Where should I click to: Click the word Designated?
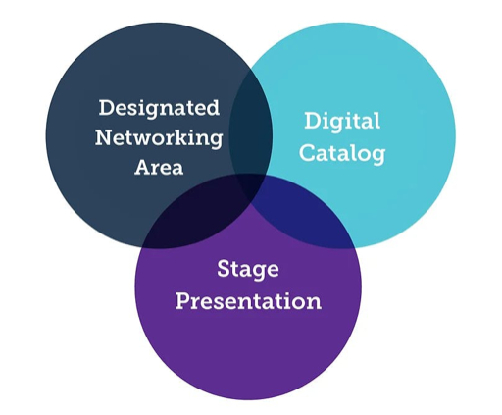pos(159,109)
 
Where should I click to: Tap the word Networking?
pos(159,139)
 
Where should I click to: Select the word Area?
pos(159,168)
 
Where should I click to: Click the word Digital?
pos(342,122)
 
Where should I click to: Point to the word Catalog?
pos(342,153)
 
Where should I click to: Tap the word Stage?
pos(248,270)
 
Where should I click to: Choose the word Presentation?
pos(248,301)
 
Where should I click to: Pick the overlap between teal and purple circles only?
pos(304,216)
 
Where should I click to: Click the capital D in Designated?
pos(106,108)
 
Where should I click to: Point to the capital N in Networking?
pos(104,137)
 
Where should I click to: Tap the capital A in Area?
pos(144,168)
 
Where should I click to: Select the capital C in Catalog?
pos(307,152)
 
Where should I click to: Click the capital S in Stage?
pos(224,269)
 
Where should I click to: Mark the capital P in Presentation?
pos(182,301)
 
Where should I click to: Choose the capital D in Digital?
pos(312,121)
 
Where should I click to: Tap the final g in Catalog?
pos(378,155)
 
